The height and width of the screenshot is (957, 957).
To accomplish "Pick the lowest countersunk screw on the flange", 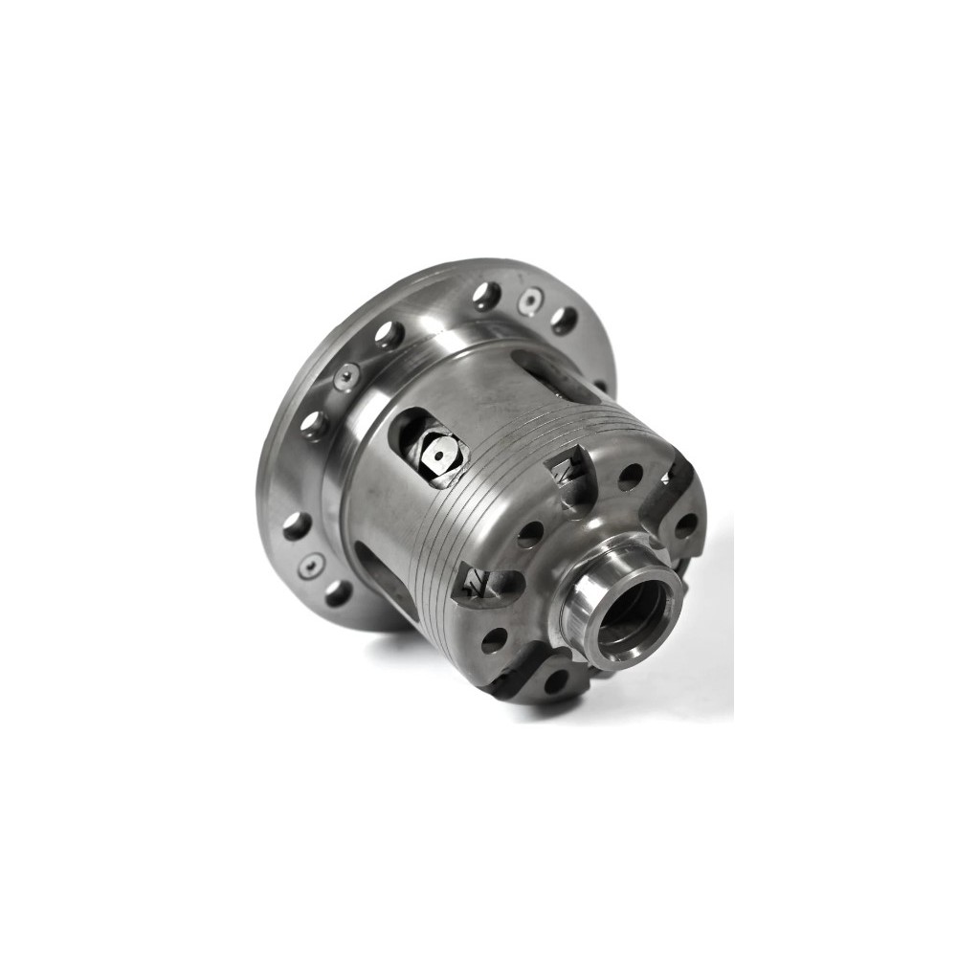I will click(310, 566).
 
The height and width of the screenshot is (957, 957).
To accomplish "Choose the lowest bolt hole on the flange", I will click(338, 592).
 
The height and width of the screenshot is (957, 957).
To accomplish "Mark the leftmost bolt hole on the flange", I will click(296, 525).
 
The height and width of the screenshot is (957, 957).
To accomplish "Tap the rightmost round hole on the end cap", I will click(685, 525).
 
